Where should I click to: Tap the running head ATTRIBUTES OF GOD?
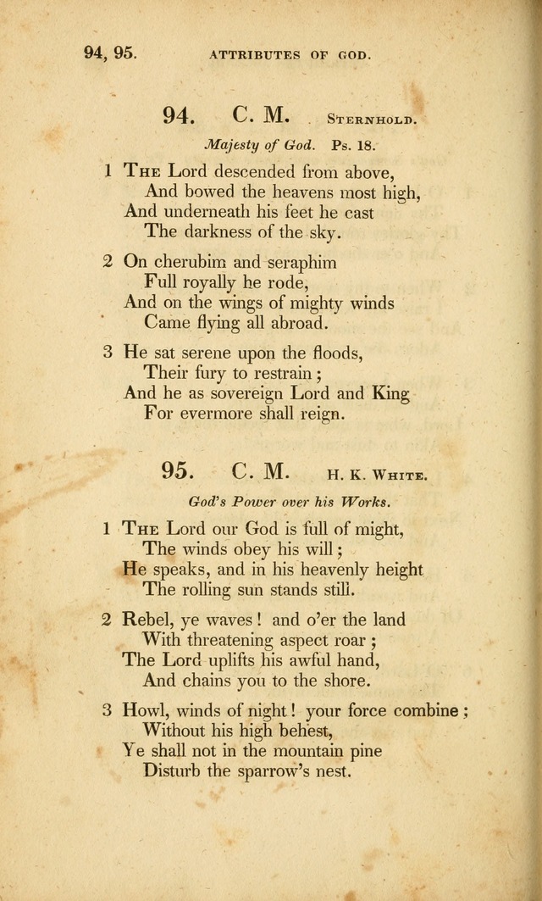pos(290,55)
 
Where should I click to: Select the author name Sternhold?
pos(371,120)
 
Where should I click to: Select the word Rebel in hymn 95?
pos(151,619)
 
